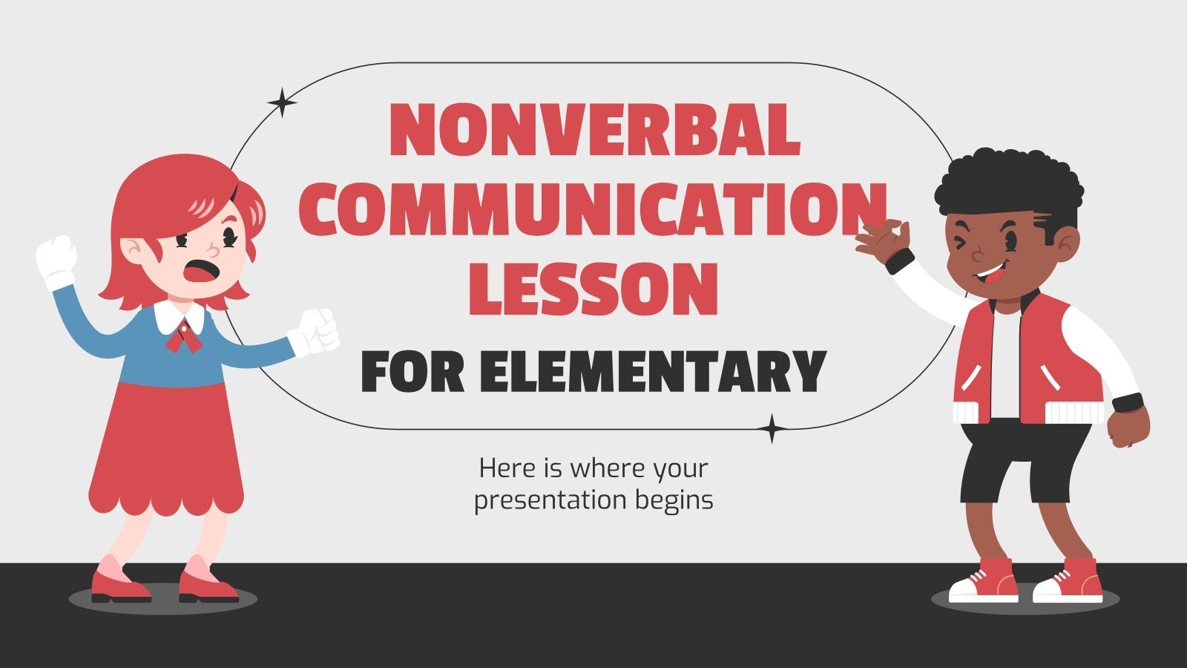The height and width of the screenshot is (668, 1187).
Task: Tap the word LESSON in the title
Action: point(593,288)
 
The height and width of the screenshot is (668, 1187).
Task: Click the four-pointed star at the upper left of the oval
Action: point(282,102)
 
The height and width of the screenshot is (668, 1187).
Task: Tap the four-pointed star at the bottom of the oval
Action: point(772,429)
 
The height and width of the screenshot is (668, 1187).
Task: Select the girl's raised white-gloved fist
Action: point(58,256)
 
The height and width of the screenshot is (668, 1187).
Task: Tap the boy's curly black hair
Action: point(1007,186)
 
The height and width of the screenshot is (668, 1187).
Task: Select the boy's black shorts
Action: point(1024,460)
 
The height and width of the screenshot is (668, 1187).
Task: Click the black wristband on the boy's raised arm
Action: point(900,261)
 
